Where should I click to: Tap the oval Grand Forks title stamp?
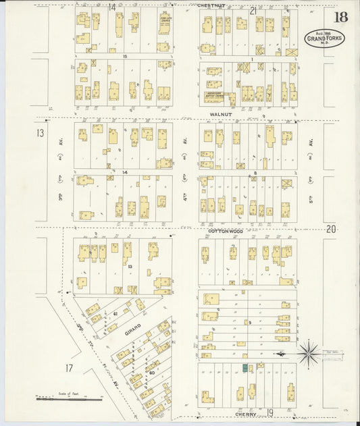pos(324,38)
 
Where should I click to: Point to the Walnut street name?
pos(220,115)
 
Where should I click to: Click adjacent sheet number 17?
pos(69,368)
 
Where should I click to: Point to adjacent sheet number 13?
pos(40,133)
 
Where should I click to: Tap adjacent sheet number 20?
pos(330,229)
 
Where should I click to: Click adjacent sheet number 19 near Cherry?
pos(269,412)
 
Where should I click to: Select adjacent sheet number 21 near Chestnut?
pos(253,10)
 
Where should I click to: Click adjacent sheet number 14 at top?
pos(112,7)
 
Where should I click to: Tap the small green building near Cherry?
pos(245,367)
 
